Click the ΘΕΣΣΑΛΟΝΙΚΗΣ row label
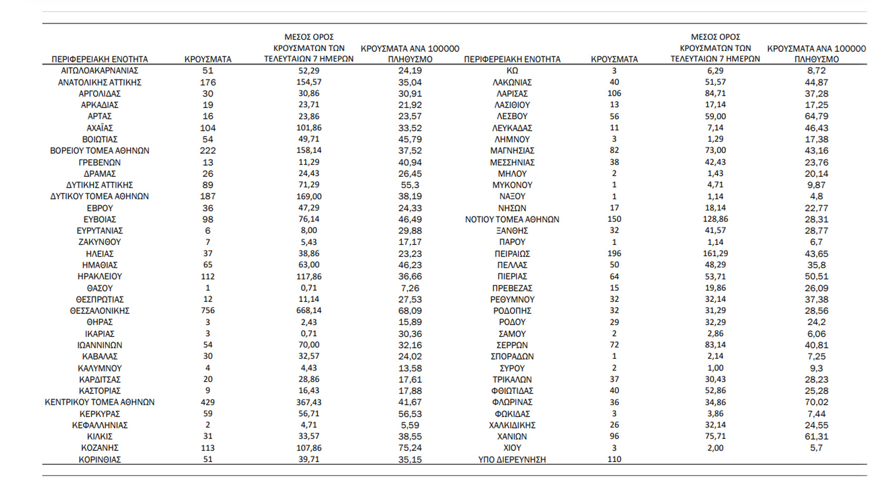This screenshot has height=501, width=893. click(99, 311)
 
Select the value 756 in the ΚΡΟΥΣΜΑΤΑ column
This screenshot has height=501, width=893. click(207, 311)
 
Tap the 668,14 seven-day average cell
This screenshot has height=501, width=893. click(309, 311)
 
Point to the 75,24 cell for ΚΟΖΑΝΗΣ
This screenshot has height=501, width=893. click(410, 448)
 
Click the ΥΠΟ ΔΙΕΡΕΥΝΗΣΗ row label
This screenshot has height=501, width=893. click(512, 459)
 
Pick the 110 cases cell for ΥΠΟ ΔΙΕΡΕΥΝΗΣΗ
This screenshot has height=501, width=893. click(614, 459)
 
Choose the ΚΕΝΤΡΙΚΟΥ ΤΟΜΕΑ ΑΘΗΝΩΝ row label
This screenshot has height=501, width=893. click(99, 402)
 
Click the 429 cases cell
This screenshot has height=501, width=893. click(207, 402)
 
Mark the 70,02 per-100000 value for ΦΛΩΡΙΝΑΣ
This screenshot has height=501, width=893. click(816, 402)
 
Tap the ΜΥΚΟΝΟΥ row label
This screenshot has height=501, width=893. click(512, 185)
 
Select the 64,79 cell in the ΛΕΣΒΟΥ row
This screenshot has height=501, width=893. click(816, 116)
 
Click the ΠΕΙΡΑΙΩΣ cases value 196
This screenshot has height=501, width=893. click(614, 253)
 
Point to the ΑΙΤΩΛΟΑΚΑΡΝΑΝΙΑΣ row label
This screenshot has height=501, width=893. click(99, 70)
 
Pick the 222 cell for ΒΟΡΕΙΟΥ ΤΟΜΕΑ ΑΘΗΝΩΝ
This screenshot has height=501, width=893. click(207, 150)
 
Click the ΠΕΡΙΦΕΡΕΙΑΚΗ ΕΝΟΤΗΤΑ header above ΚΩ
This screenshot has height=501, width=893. click(512, 59)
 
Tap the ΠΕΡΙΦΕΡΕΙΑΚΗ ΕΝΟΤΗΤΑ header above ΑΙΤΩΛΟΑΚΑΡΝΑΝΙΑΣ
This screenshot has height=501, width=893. click(99, 59)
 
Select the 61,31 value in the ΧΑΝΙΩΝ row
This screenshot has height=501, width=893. click(816, 436)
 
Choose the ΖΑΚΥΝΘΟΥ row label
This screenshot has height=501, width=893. click(99, 242)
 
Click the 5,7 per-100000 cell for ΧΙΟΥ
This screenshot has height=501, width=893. click(816, 448)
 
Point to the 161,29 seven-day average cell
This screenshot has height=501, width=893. click(715, 253)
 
